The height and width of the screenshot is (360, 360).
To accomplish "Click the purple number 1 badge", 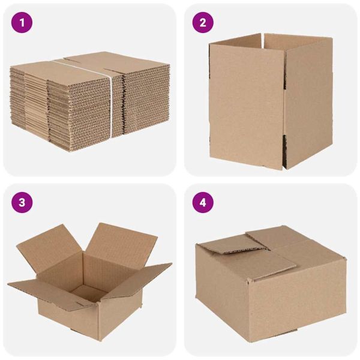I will pyautogui.click(x=22, y=23).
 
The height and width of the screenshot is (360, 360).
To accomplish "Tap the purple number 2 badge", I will pyautogui.click(x=203, y=23).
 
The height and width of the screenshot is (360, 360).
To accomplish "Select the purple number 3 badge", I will pyautogui.click(x=22, y=202).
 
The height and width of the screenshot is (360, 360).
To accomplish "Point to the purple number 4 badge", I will pyautogui.click(x=203, y=202).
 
